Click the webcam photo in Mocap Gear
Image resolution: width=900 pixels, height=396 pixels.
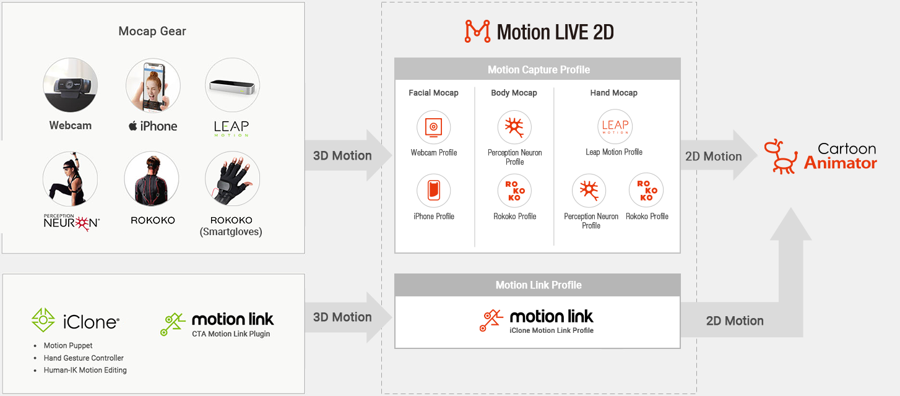pyautogui.click(x=70, y=85)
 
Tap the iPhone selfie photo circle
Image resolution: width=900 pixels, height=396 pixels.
pyautogui.click(x=153, y=85)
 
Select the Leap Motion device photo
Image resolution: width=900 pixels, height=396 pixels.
pyautogui.click(x=232, y=85)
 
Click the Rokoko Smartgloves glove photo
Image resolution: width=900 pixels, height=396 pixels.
pyautogui.click(x=232, y=179)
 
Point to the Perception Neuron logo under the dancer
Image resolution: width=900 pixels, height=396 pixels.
pyautogui.click(x=71, y=222)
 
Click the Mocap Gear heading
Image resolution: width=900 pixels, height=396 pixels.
pyautogui.click(x=152, y=31)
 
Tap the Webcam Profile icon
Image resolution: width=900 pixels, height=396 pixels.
pyautogui.click(x=433, y=127)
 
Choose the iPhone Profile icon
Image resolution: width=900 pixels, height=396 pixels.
pyautogui.click(x=433, y=191)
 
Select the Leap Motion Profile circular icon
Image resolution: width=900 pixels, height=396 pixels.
pyautogui.click(x=614, y=127)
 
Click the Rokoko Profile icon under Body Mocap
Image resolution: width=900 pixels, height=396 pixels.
pyautogui.click(x=514, y=191)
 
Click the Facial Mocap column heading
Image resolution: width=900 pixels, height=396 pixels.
pyautogui.click(x=433, y=93)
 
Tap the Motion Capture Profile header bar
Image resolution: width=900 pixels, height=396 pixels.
pyautogui.click(x=537, y=69)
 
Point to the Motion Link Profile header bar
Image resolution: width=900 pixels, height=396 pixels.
pyautogui.click(x=537, y=285)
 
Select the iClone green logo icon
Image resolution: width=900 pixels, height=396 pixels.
pyautogui.click(x=43, y=320)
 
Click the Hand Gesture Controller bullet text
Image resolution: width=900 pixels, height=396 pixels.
pyautogui.click(x=84, y=358)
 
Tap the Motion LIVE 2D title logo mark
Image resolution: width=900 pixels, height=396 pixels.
pyautogui.click(x=477, y=32)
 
